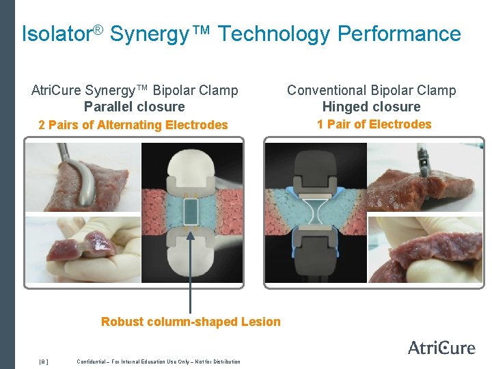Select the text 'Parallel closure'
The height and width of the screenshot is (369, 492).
pos(134,107)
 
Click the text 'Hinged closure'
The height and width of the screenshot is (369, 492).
pos(371,107)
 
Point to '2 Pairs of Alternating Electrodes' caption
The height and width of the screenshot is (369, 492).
pos(133,125)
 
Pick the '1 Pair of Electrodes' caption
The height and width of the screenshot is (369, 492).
pos(374,124)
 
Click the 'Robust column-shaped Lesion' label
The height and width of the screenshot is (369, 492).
pos(191,322)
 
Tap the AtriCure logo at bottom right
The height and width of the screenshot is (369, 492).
pos(441,347)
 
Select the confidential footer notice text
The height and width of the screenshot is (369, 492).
pos(159,361)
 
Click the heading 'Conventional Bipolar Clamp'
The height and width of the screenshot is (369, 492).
pos(371,90)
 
